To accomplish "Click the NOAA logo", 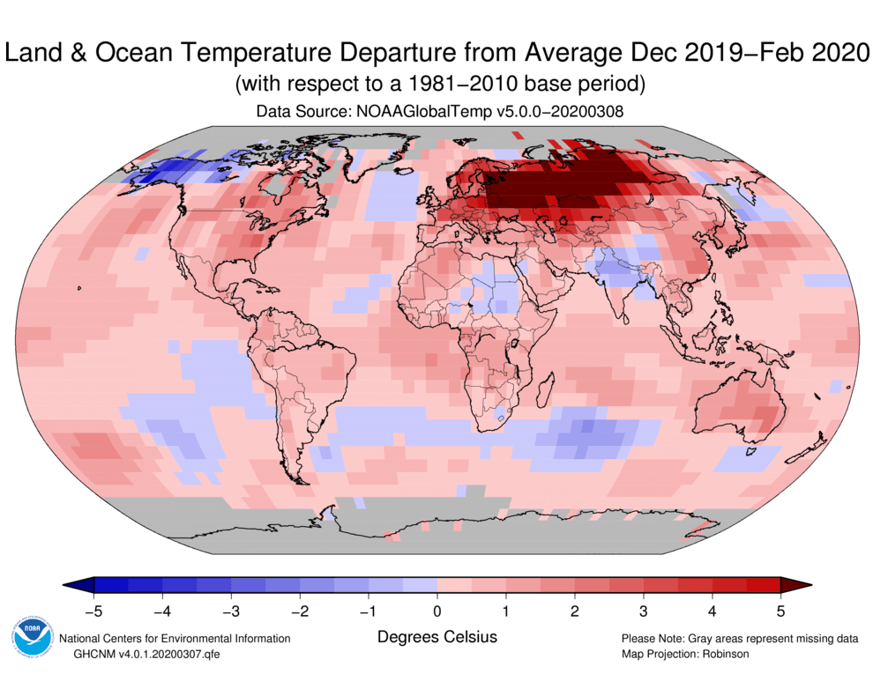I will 32,637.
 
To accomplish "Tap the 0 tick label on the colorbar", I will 436,609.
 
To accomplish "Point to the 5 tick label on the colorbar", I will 780,609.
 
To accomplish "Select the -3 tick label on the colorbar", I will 229,609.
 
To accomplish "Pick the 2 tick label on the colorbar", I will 574,609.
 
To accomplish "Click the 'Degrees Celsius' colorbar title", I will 436,636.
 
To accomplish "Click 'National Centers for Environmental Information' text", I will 174,639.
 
